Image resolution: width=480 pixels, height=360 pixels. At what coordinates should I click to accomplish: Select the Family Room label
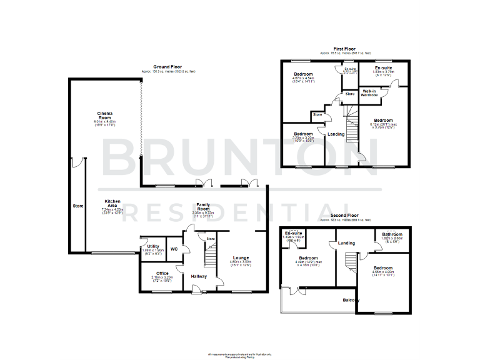click(x=202, y=205)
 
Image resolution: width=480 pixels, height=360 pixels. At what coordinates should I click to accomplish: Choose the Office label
click(x=162, y=273)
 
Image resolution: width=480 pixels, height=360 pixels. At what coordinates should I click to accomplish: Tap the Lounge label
click(x=241, y=257)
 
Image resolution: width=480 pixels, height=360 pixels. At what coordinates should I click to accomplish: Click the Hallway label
click(x=199, y=276)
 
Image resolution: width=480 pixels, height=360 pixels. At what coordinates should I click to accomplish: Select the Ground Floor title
click(x=167, y=66)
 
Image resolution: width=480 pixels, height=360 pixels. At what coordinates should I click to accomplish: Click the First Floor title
click(x=345, y=48)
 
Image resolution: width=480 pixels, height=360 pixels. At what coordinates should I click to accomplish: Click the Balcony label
click(x=351, y=301)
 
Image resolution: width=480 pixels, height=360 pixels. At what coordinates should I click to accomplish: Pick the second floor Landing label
click(x=346, y=242)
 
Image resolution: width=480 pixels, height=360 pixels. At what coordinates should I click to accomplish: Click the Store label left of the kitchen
click(x=77, y=205)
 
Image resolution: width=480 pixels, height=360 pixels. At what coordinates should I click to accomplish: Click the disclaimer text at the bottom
click(x=240, y=356)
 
